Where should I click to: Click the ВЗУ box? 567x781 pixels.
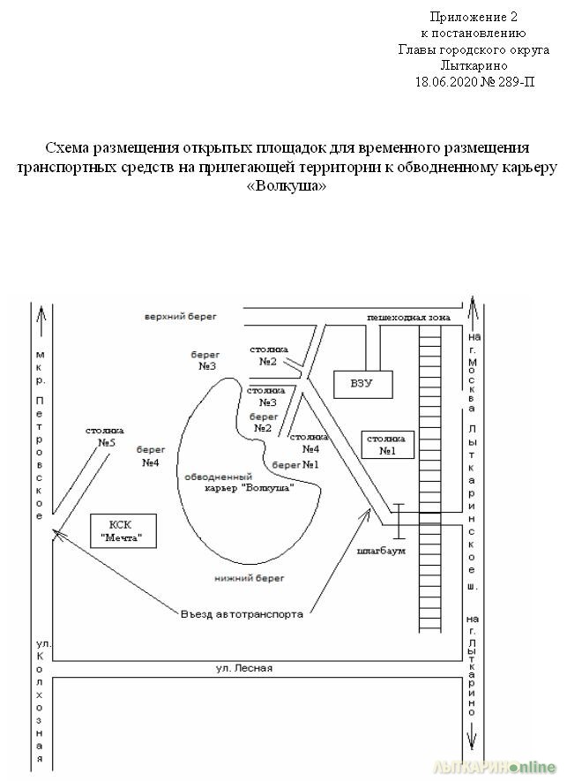pyautogui.click(x=363, y=385)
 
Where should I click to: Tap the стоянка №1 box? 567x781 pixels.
pyautogui.click(x=388, y=445)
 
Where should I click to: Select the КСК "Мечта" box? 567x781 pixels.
pyautogui.click(x=123, y=531)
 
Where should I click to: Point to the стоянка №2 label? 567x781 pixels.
pyautogui.click(x=269, y=356)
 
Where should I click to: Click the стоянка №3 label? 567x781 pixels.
pyautogui.click(x=265, y=396)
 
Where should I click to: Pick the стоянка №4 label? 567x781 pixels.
pyautogui.click(x=310, y=443)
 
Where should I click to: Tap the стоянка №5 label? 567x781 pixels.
pyautogui.click(x=105, y=436)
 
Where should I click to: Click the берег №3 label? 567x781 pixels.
pyautogui.click(x=205, y=361)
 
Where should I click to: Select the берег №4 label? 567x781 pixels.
pyautogui.click(x=151, y=456)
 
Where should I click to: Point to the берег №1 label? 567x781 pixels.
pyautogui.click(x=295, y=465)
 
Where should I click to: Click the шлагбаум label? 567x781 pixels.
pyautogui.click(x=381, y=551)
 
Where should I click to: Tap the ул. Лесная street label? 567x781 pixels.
pyautogui.click(x=244, y=668)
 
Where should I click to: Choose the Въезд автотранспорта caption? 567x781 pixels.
pyautogui.click(x=242, y=614)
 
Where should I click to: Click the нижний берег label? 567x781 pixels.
pyautogui.click(x=250, y=578)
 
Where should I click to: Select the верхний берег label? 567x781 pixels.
pyautogui.click(x=181, y=316)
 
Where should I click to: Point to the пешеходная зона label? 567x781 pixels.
pyautogui.click(x=408, y=318)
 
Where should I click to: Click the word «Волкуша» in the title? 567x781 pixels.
pyautogui.click(x=287, y=186)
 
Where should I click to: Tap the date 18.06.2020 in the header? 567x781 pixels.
pyautogui.click(x=446, y=82)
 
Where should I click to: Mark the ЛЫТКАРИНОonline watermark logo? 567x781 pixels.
pyautogui.click(x=495, y=767)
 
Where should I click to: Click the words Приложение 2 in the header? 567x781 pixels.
pyautogui.click(x=474, y=17)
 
